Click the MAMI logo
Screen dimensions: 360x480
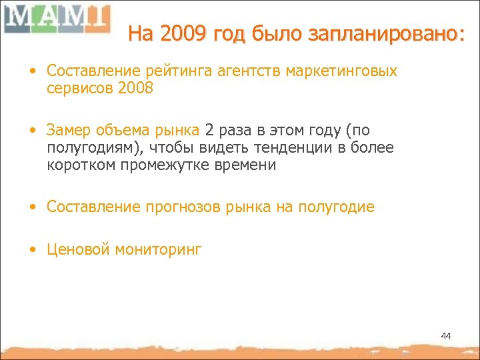point(56,19)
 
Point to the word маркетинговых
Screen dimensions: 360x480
point(341,71)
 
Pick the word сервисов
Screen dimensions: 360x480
point(75,88)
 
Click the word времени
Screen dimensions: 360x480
point(244,164)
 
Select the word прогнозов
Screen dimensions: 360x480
point(179,207)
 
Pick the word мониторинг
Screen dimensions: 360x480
point(158,250)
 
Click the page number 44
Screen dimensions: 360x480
point(445,335)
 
